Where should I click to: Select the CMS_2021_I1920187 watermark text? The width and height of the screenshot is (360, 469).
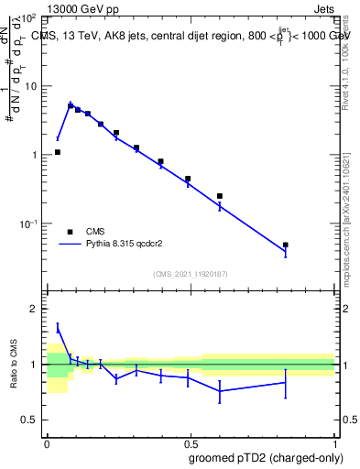pyautogui.click(x=190, y=273)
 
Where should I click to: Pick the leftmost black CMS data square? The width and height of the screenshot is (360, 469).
pyautogui.click(x=58, y=152)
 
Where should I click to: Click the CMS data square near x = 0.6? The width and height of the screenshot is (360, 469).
pyautogui.click(x=220, y=196)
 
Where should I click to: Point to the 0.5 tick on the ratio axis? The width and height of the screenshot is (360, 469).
pyautogui.click(x=29, y=420)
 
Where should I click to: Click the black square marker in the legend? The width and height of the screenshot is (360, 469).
pyautogui.click(x=71, y=232)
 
